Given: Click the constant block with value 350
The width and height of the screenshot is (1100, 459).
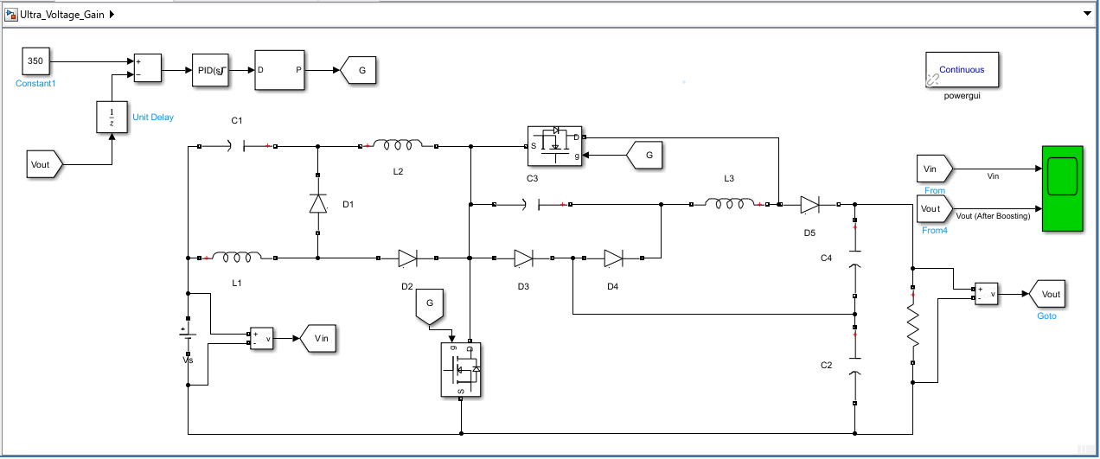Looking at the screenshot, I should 35,61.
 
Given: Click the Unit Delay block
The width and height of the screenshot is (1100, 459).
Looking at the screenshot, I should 111,117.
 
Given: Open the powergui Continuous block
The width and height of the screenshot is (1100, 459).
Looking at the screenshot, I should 962,70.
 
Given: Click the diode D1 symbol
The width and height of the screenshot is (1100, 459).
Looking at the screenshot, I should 318,204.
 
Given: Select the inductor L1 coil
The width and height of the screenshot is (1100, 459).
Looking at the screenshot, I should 237,257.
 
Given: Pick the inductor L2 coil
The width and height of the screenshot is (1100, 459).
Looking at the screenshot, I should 399,146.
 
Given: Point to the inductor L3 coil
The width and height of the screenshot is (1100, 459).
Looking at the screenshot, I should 729,204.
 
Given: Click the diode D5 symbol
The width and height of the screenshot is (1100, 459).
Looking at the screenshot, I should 809,204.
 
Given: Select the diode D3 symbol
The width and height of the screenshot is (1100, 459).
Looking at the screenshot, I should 523,258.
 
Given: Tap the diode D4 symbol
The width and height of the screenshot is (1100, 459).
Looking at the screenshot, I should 613,258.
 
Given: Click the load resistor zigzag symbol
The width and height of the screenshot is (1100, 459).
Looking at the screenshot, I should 912,327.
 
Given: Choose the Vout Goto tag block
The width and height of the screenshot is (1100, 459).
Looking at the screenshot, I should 1048,294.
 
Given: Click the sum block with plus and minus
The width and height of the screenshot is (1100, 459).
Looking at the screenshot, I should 146,68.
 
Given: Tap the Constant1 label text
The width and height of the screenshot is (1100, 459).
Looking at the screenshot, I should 35,84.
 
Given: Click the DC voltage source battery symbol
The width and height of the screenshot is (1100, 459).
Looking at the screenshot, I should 188,334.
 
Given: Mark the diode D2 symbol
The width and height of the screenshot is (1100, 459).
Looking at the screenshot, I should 407,258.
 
